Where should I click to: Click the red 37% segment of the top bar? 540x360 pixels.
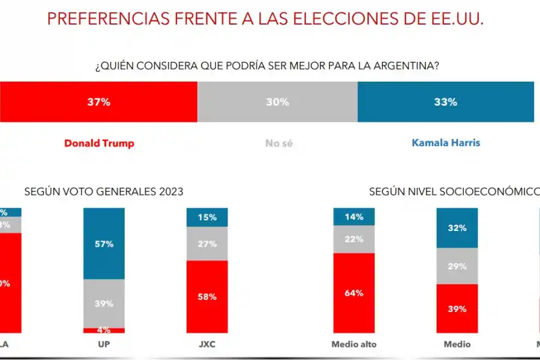[98, 102]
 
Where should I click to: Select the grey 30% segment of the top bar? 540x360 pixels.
[277, 102]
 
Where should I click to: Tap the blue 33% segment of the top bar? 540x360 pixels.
[445, 102]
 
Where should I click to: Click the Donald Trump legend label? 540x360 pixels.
[99, 143]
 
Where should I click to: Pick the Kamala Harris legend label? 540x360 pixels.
[446, 143]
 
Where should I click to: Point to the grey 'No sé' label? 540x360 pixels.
[278, 143]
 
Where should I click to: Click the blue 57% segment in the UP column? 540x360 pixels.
[104, 244]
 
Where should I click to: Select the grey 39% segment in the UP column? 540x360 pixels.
[104, 304]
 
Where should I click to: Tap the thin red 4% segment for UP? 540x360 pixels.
[104, 330]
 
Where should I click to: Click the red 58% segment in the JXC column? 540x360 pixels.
[207, 296]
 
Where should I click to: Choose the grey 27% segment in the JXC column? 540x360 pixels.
[207, 244]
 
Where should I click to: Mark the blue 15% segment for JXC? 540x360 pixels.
[207, 217]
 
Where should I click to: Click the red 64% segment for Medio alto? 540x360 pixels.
[354, 293]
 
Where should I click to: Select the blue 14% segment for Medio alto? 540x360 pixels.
[354, 217]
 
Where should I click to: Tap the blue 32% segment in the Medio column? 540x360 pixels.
[457, 228]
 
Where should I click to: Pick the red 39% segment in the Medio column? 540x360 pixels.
[457, 308]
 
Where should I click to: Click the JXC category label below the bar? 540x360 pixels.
[207, 344]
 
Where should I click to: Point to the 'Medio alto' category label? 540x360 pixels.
[354, 344]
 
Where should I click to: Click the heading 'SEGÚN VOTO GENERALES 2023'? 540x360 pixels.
[104, 191]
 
